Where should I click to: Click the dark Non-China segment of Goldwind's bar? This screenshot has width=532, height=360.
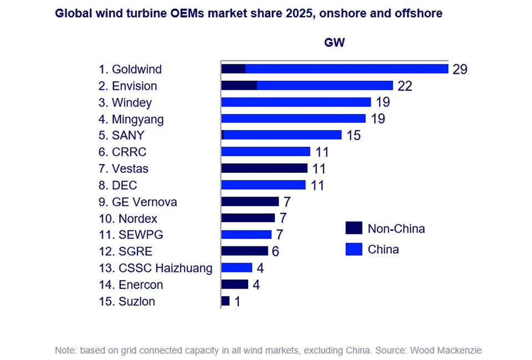pyautogui.click(x=233, y=69)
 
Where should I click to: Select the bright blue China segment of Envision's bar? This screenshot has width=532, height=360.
pyautogui.click(x=325, y=85)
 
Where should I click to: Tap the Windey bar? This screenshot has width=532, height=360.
pyautogui.click(x=296, y=102)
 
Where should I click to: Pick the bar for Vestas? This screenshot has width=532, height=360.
pyautogui.click(x=264, y=168)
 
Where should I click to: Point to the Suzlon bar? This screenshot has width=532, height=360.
pyautogui.click(x=225, y=301)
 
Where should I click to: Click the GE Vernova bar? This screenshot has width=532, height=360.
pyautogui.click(x=250, y=201)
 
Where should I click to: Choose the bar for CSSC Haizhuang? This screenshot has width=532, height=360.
pyautogui.click(x=237, y=268)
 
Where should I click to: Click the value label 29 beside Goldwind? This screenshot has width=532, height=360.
pyautogui.click(x=460, y=69)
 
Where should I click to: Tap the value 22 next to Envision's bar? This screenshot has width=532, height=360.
pyautogui.click(x=405, y=86)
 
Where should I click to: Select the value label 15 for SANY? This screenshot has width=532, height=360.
pyautogui.click(x=354, y=135)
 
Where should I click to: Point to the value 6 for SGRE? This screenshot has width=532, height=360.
pyautogui.click(x=275, y=251)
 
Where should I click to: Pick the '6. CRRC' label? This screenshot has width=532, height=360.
pyautogui.click(x=122, y=152)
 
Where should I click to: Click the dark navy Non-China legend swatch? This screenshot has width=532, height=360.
pyautogui.click(x=353, y=228)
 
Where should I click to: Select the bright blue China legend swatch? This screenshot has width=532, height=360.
pyautogui.click(x=353, y=249)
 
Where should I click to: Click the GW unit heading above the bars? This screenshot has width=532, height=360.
pyautogui.click(x=334, y=43)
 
